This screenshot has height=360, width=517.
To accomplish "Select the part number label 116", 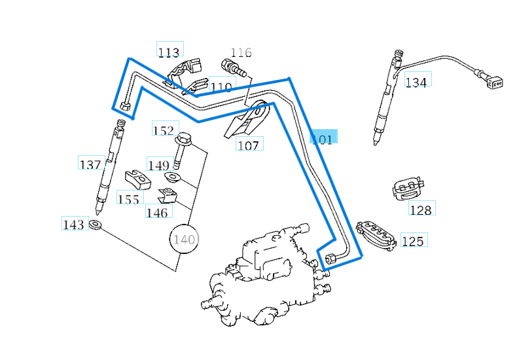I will click(x=241, y=52).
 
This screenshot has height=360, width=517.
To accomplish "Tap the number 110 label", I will click(x=221, y=87).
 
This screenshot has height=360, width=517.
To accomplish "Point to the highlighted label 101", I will click(x=323, y=137).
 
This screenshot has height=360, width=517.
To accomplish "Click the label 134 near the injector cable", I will click(x=416, y=82).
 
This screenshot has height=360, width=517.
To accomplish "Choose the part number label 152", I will click(x=164, y=130).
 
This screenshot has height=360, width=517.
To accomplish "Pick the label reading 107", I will click(x=249, y=145).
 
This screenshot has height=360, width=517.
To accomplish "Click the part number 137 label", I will click(x=90, y=164).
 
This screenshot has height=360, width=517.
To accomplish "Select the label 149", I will click(x=158, y=165).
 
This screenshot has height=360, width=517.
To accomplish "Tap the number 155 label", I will click(x=129, y=198).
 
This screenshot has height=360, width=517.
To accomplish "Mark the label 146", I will click(x=157, y=212).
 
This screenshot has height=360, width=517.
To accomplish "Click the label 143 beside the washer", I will click(x=74, y=225).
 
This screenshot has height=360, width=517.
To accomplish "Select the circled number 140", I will click(x=184, y=240).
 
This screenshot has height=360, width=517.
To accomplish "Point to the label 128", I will click(x=421, y=209).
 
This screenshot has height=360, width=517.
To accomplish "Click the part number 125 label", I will click(x=412, y=242).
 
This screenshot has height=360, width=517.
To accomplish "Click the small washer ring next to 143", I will click(x=95, y=225).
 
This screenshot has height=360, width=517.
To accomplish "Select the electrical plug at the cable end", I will click(x=494, y=82).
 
